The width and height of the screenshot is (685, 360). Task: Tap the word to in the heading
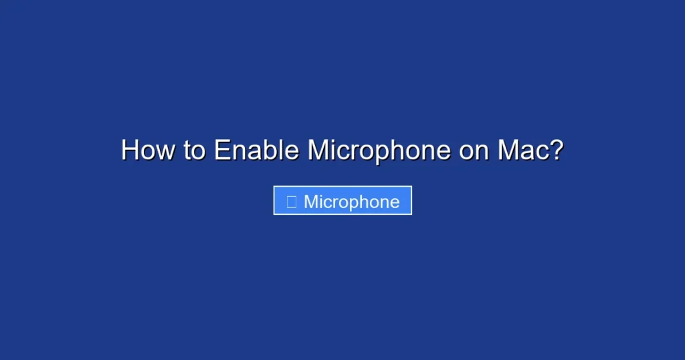pos(195,151)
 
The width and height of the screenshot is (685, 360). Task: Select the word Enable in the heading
pos(256,151)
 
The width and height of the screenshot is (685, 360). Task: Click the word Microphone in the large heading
pos(379,151)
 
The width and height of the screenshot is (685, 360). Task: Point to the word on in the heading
pos(474,151)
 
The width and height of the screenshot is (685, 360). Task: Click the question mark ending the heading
pos(555,151)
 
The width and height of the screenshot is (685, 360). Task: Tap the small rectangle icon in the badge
pos(292,201)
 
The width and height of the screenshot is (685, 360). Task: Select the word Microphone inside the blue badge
pos(352,201)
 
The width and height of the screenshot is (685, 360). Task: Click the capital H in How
pos(130,151)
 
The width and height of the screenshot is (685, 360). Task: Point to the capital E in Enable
pos(221,151)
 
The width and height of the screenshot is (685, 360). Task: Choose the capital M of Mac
pos(508,151)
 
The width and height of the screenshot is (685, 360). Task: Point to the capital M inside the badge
pos(311,201)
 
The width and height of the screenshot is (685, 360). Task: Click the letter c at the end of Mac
pos(541,152)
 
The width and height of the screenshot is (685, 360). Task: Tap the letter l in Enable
pos(281,151)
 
